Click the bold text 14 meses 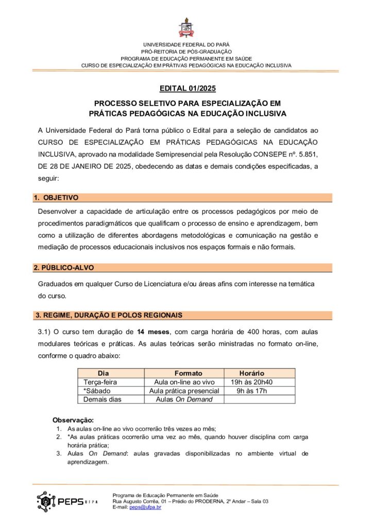[154, 332]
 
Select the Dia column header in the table [104, 373]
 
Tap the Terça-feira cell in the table [100, 382]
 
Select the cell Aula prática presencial [184, 391]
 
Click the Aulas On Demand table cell [184, 399]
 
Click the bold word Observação [73, 420]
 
